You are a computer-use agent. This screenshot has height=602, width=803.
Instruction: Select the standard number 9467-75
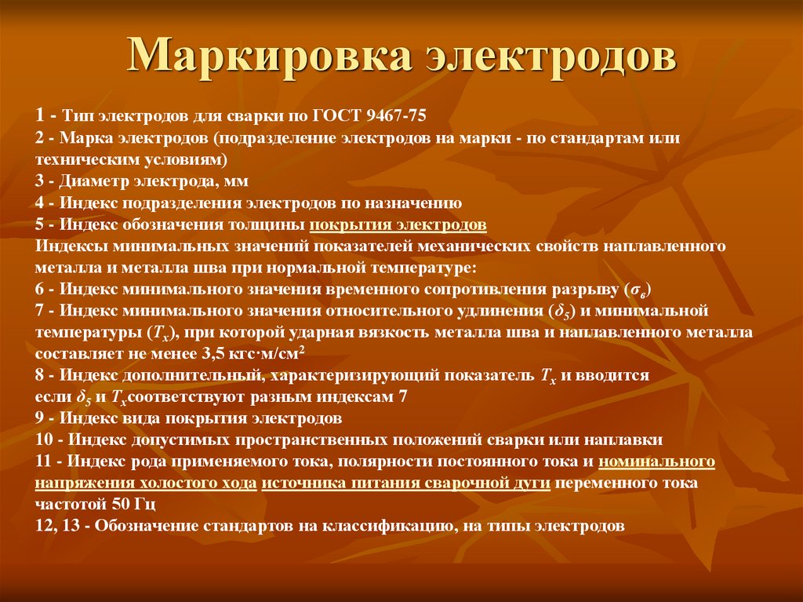[397, 115]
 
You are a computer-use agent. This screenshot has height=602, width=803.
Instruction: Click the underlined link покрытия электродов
[398, 225]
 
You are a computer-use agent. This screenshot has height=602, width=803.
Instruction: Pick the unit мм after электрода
[236, 181]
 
